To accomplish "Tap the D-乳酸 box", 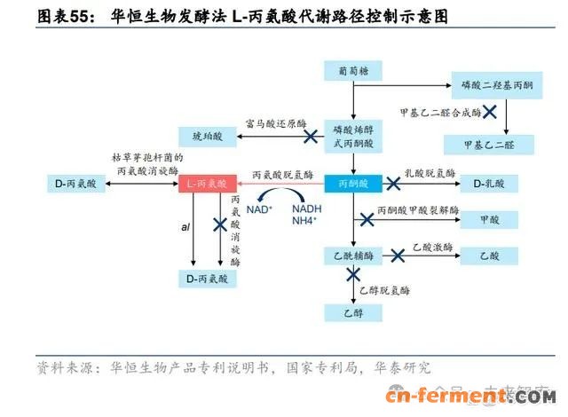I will click(494, 185).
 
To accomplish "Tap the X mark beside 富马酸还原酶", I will click(312, 137).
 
